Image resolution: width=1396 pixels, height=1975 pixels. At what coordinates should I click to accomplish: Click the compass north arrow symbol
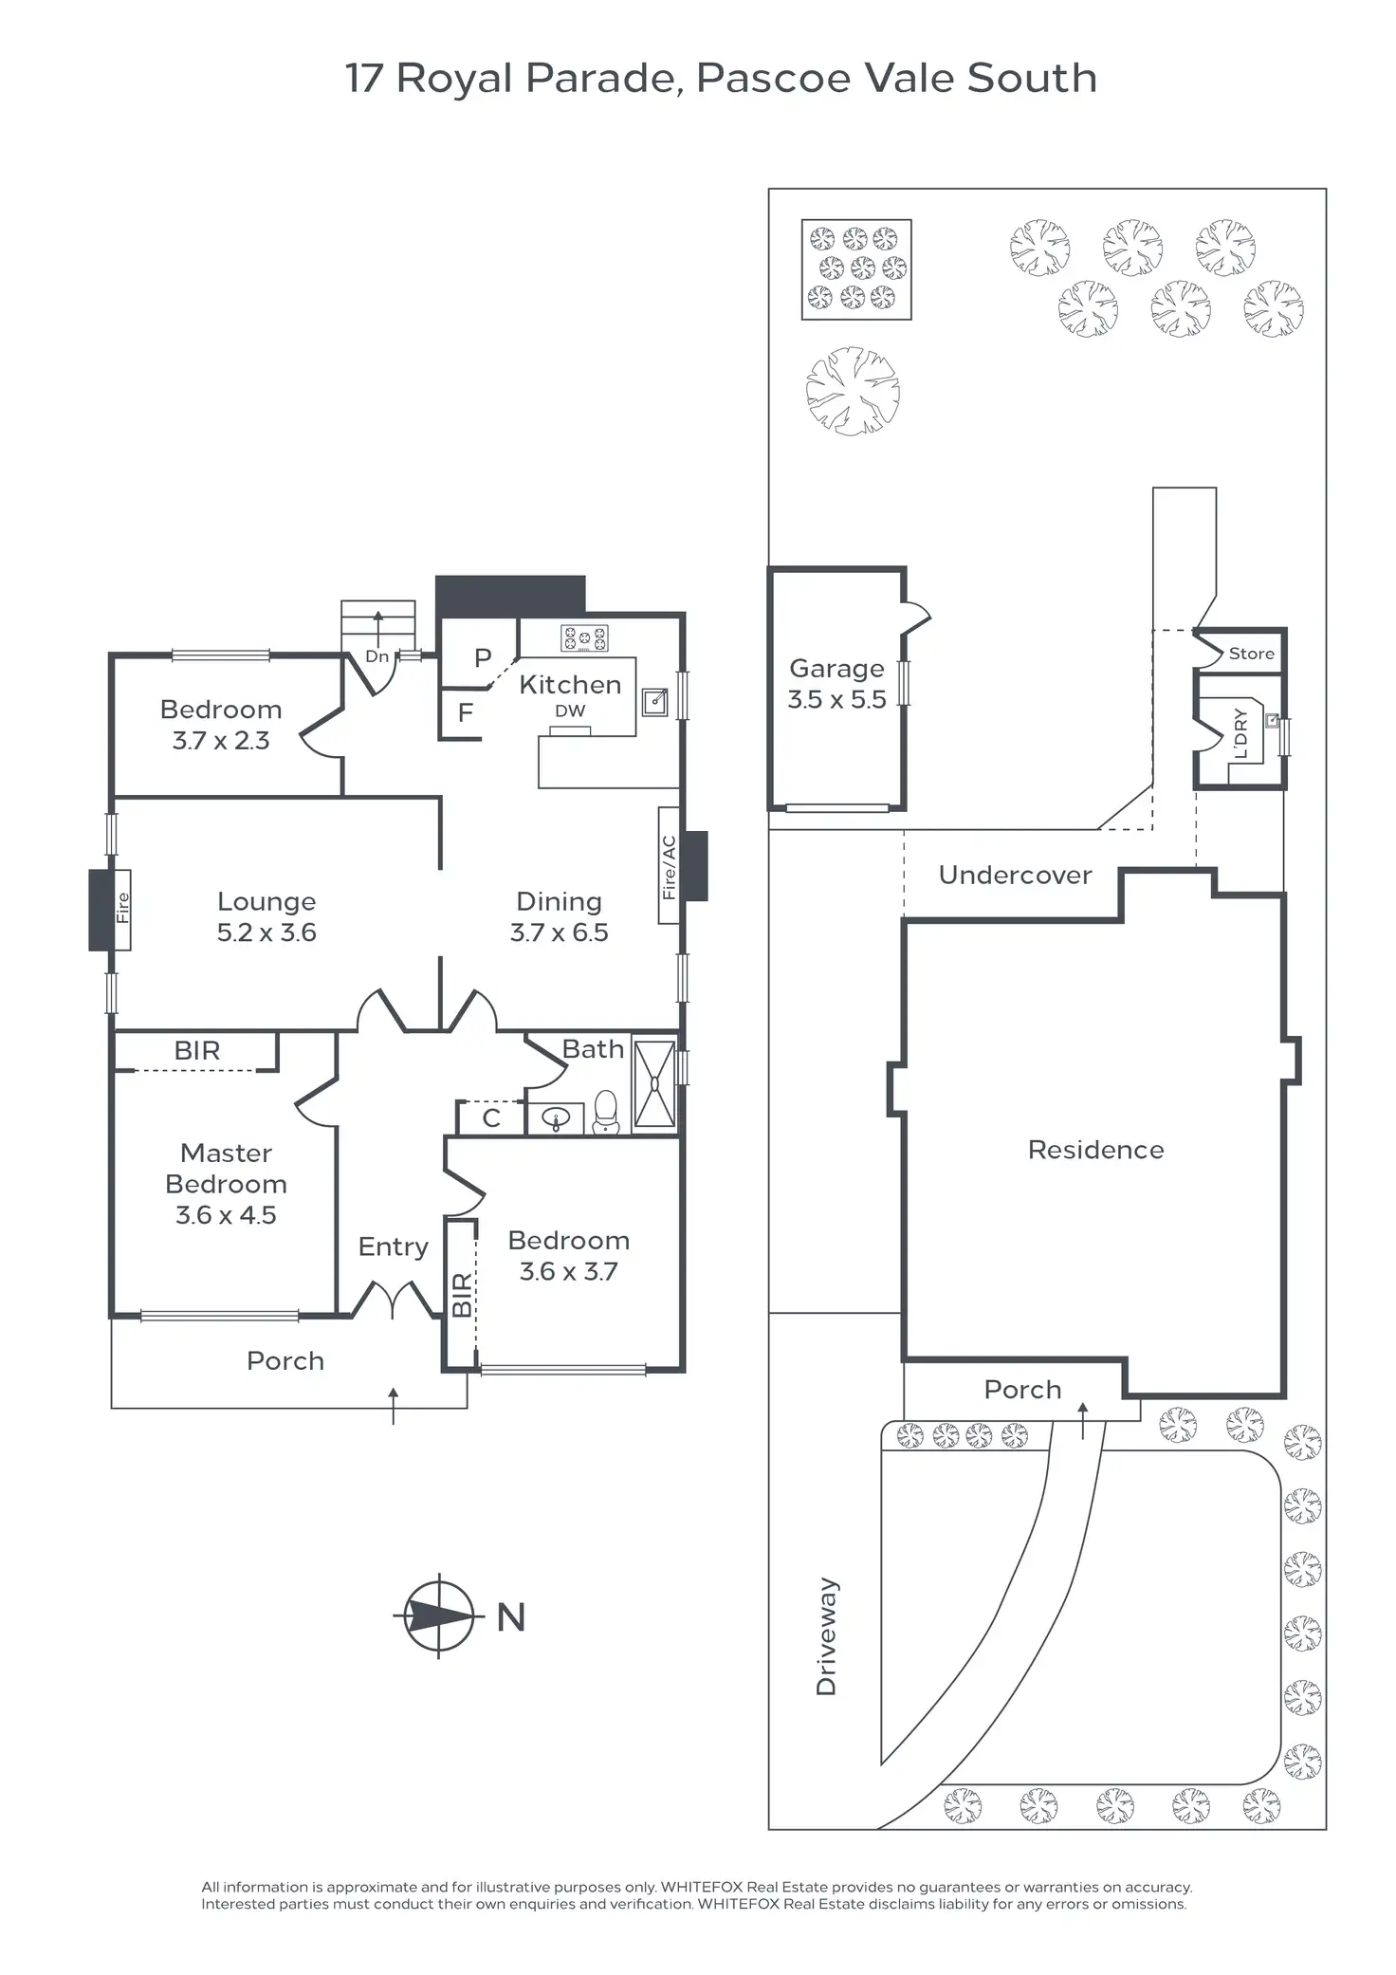coord(438,1615)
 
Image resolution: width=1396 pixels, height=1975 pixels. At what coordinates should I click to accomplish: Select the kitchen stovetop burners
coord(584,638)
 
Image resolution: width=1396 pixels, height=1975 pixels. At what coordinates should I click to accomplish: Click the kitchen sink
coord(654,702)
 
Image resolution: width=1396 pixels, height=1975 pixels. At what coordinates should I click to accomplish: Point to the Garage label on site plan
coord(836,669)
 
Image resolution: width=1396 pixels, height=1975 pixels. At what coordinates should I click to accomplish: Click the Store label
coord(1251,654)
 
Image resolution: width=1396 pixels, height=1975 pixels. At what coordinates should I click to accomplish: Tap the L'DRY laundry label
coord(1240,733)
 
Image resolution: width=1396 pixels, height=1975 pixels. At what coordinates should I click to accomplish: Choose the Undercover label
coord(1015,875)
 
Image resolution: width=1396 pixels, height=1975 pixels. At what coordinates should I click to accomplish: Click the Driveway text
coord(826,1636)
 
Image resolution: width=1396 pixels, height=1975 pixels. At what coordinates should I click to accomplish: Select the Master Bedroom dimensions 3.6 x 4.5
coord(226,1215)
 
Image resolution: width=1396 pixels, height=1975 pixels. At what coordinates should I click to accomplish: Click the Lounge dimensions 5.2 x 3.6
coord(266,932)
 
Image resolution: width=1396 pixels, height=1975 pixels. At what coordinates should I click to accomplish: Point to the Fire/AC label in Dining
coord(669,866)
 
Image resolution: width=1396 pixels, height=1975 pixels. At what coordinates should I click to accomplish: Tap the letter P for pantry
coord(483,657)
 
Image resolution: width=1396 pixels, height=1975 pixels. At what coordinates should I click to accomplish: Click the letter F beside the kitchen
coord(466,712)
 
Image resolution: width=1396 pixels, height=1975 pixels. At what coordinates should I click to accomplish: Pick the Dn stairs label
coord(377,656)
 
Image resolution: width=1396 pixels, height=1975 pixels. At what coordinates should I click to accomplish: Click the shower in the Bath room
coord(654,1084)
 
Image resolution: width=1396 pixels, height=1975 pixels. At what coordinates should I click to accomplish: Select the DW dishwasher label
coord(570,711)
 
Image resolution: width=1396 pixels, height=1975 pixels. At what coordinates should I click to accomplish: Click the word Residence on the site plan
coord(1095,1150)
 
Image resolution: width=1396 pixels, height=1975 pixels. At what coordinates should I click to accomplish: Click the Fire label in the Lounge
coord(122,909)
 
